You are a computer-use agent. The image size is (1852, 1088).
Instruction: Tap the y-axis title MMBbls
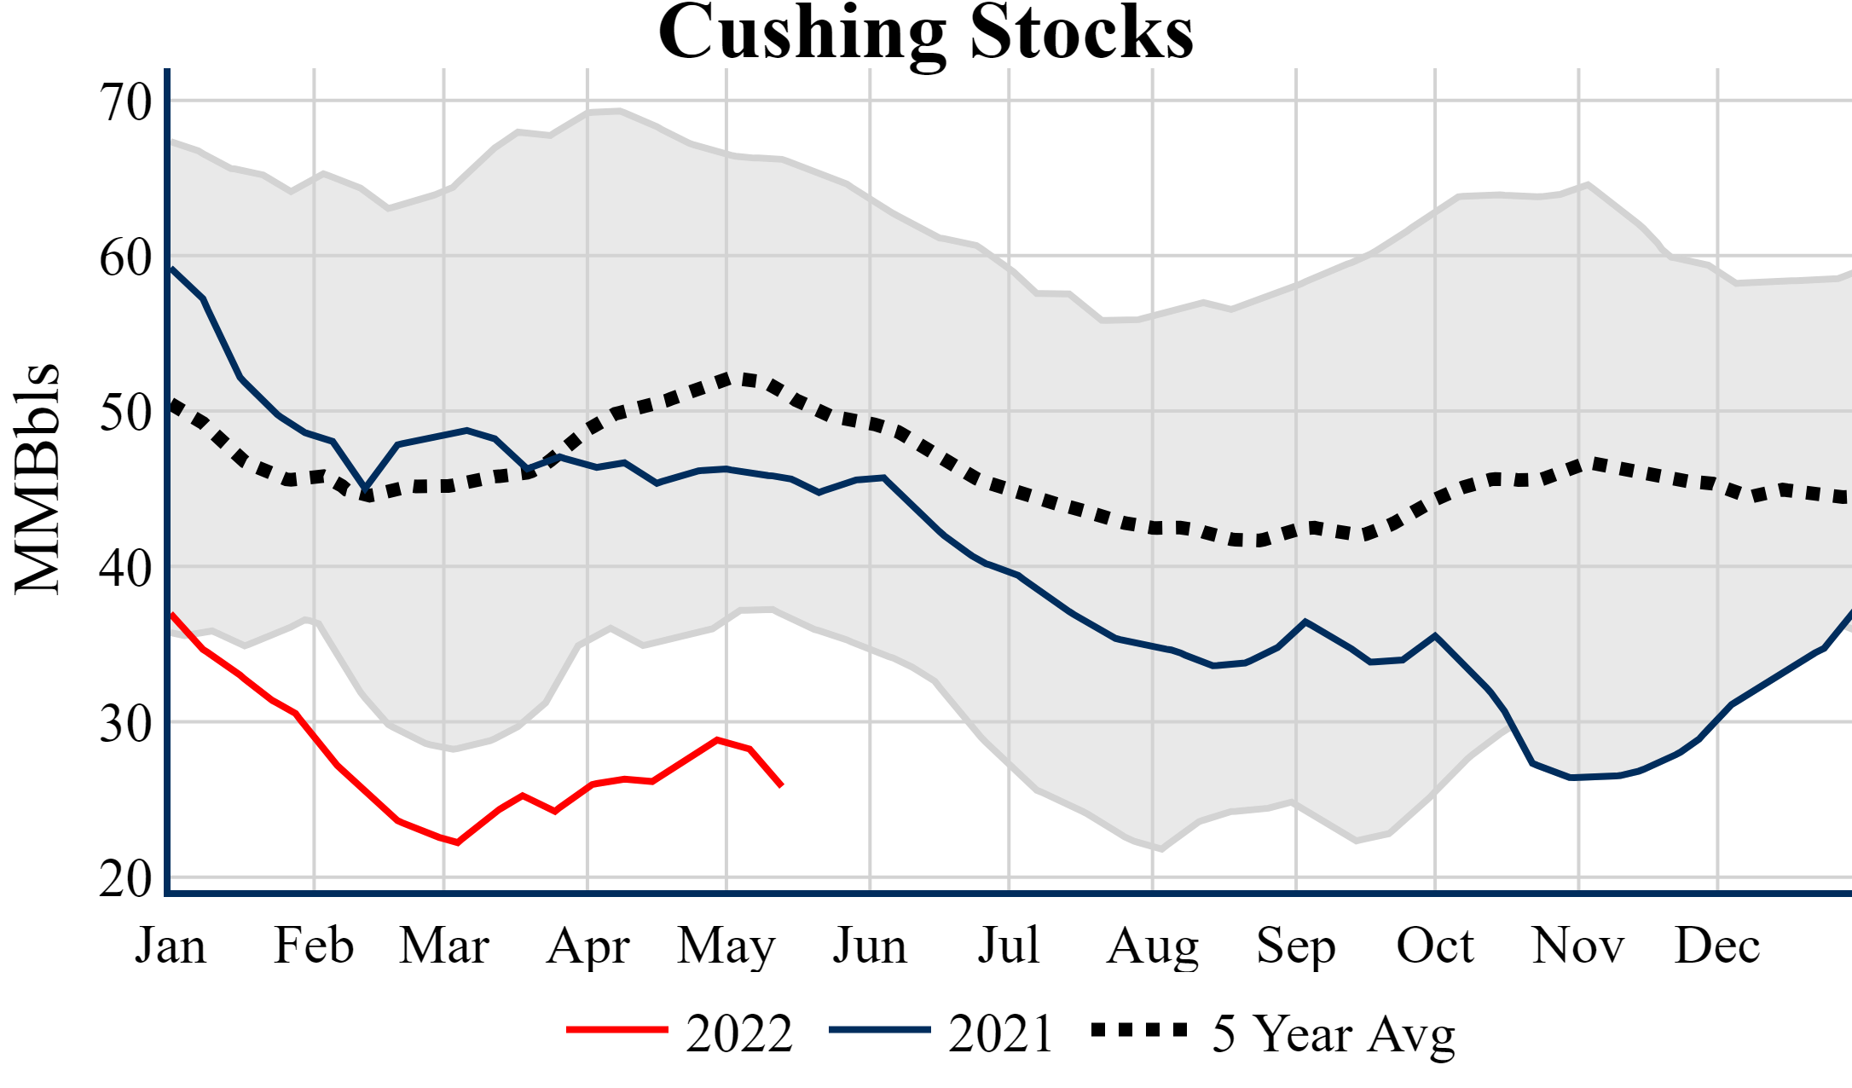tap(38, 478)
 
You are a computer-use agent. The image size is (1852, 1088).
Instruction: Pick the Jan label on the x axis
tap(171, 946)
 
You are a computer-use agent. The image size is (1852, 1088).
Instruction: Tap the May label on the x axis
tap(726, 946)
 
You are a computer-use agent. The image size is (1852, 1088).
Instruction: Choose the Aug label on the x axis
tap(1152, 946)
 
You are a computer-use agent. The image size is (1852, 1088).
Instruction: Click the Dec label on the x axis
tap(1716, 946)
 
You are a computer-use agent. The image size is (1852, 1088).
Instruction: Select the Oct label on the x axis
tap(1435, 946)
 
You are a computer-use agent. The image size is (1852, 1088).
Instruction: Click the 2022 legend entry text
tap(739, 1033)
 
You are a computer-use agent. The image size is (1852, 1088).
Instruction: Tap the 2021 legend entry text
tap(1001, 1033)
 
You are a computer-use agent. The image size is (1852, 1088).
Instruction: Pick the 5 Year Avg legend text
tap(1334, 1033)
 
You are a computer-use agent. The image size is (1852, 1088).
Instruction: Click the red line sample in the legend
tap(616, 1030)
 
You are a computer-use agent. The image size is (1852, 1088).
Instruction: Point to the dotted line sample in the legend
tap(1140, 1030)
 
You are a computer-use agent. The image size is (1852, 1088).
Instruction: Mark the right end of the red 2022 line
tap(782, 785)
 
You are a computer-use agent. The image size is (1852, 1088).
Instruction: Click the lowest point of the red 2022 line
tap(458, 842)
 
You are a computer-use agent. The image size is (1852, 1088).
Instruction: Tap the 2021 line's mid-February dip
tap(366, 489)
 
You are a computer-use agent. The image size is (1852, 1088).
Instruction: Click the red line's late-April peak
tap(718, 739)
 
